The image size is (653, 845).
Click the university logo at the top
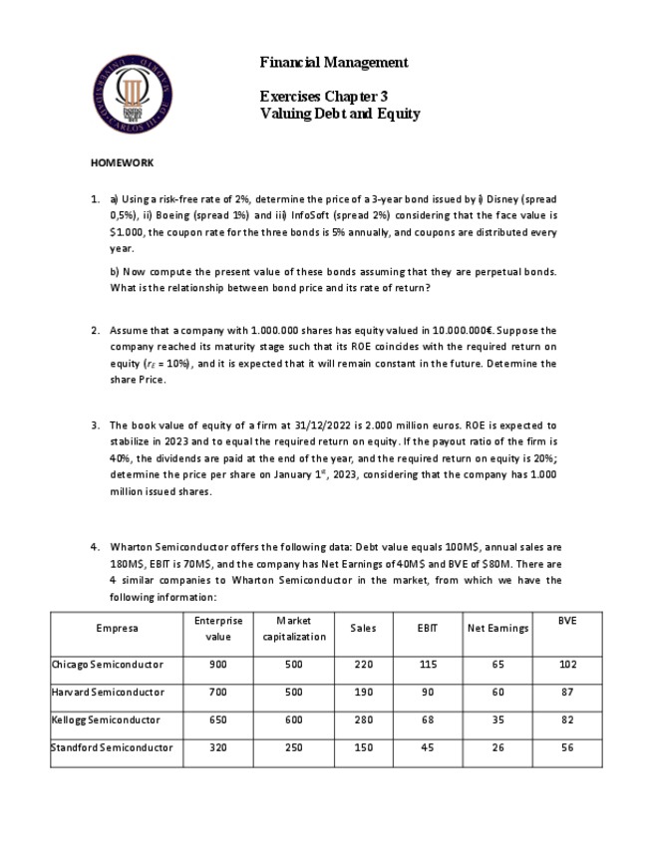point(134,95)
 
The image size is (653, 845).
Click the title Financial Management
point(333,63)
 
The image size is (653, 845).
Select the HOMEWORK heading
point(122,161)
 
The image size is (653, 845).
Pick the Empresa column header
point(117,628)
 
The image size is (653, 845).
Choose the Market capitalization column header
point(294,628)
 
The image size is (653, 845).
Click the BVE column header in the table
point(567,621)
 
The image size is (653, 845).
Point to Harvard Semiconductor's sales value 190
point(364,692)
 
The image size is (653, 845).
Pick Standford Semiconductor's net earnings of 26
point(497,747)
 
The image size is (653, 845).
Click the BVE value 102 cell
point(567,664)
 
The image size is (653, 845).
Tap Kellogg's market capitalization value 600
point(294,719)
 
